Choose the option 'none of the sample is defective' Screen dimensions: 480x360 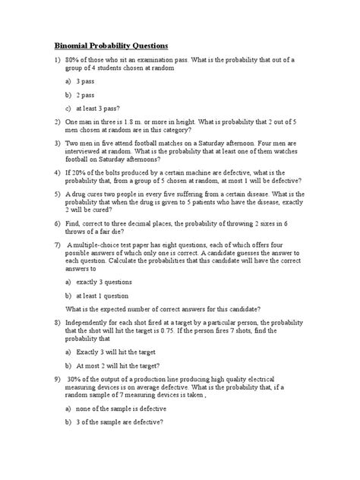122,409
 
